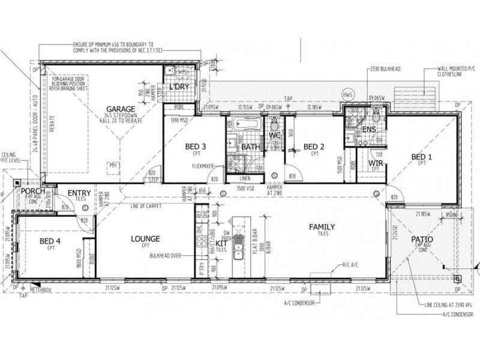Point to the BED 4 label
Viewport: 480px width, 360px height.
click(50, 241)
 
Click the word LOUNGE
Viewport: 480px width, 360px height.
click(146, 239)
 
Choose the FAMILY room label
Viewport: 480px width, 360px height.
click(322, 227)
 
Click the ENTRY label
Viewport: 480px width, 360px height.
click(79, 193)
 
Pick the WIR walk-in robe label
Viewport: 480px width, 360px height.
click(376, 163)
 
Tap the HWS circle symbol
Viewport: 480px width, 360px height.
click(346, 95)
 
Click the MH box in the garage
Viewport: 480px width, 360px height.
click(111, 166)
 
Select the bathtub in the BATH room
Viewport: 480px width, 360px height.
click(245, 127)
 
